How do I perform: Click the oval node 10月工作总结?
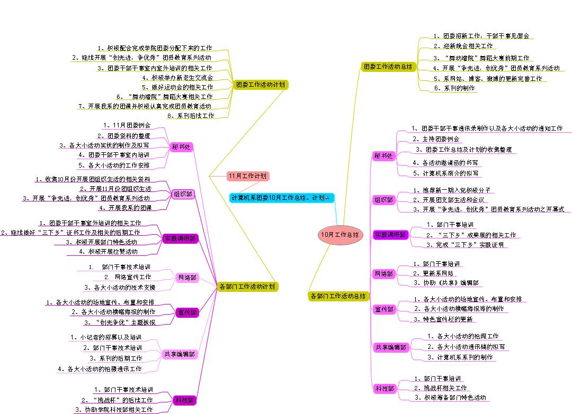pos(340,234)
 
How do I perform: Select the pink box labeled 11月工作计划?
pos(247,176)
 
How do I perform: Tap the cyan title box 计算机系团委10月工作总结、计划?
pos(281,197)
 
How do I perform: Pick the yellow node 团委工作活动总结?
pos(388,67)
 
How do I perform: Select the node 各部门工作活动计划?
pos(247,287)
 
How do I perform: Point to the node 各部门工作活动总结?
pos(337,296)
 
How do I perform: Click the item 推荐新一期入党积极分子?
pos(452,190)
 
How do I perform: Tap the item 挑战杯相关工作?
pos(441,388)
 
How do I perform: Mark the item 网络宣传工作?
pos(128,277)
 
